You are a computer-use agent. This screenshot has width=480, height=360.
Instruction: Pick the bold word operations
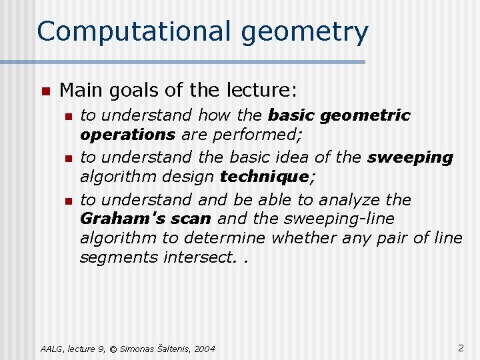tap(127, 135)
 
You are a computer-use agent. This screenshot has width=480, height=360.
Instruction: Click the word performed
tap(257, 135)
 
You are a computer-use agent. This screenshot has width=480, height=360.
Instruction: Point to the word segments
tap(119, 257)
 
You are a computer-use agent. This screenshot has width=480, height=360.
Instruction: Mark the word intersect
tap(201, 257)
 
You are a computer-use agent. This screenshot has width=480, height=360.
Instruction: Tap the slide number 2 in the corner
tap(461, 347)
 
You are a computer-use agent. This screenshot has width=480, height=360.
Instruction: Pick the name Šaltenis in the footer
tap(171, 349)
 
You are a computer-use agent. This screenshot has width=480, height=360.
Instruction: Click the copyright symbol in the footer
tap(113, 349)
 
